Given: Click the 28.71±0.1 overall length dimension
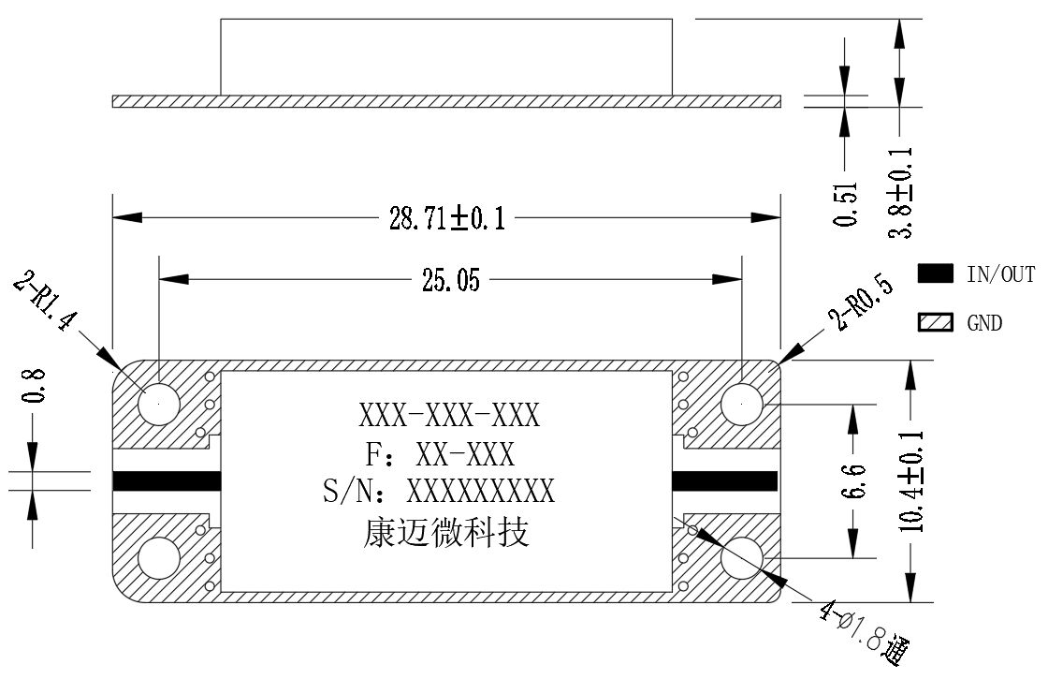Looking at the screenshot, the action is (x=447, y=218).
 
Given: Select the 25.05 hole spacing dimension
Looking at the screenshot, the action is (x=450, y=281).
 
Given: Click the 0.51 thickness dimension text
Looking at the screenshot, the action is (x=846, y=204).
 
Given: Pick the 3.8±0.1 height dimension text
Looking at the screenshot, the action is (x=900, y=193).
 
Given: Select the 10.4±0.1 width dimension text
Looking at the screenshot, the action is (x=911, y=481).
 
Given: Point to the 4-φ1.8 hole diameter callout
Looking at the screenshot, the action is (x=866, y=632).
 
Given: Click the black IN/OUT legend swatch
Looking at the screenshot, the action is (x=935, y=273).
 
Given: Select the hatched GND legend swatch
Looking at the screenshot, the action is (x=935, y=322).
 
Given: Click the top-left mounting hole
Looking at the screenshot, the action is (x=158, y=405).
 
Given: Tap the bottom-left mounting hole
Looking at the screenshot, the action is (x=158, y=558).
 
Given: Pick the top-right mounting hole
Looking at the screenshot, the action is (x=742, y=405).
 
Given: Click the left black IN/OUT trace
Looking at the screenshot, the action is (x=167, y=481).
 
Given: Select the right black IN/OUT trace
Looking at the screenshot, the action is (x=724, y=481).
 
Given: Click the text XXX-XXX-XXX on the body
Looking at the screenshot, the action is (x=448, y=416).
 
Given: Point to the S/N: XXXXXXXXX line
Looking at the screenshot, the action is (x=439, y=492).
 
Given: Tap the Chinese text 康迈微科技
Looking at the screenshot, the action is (x=445, y=533).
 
